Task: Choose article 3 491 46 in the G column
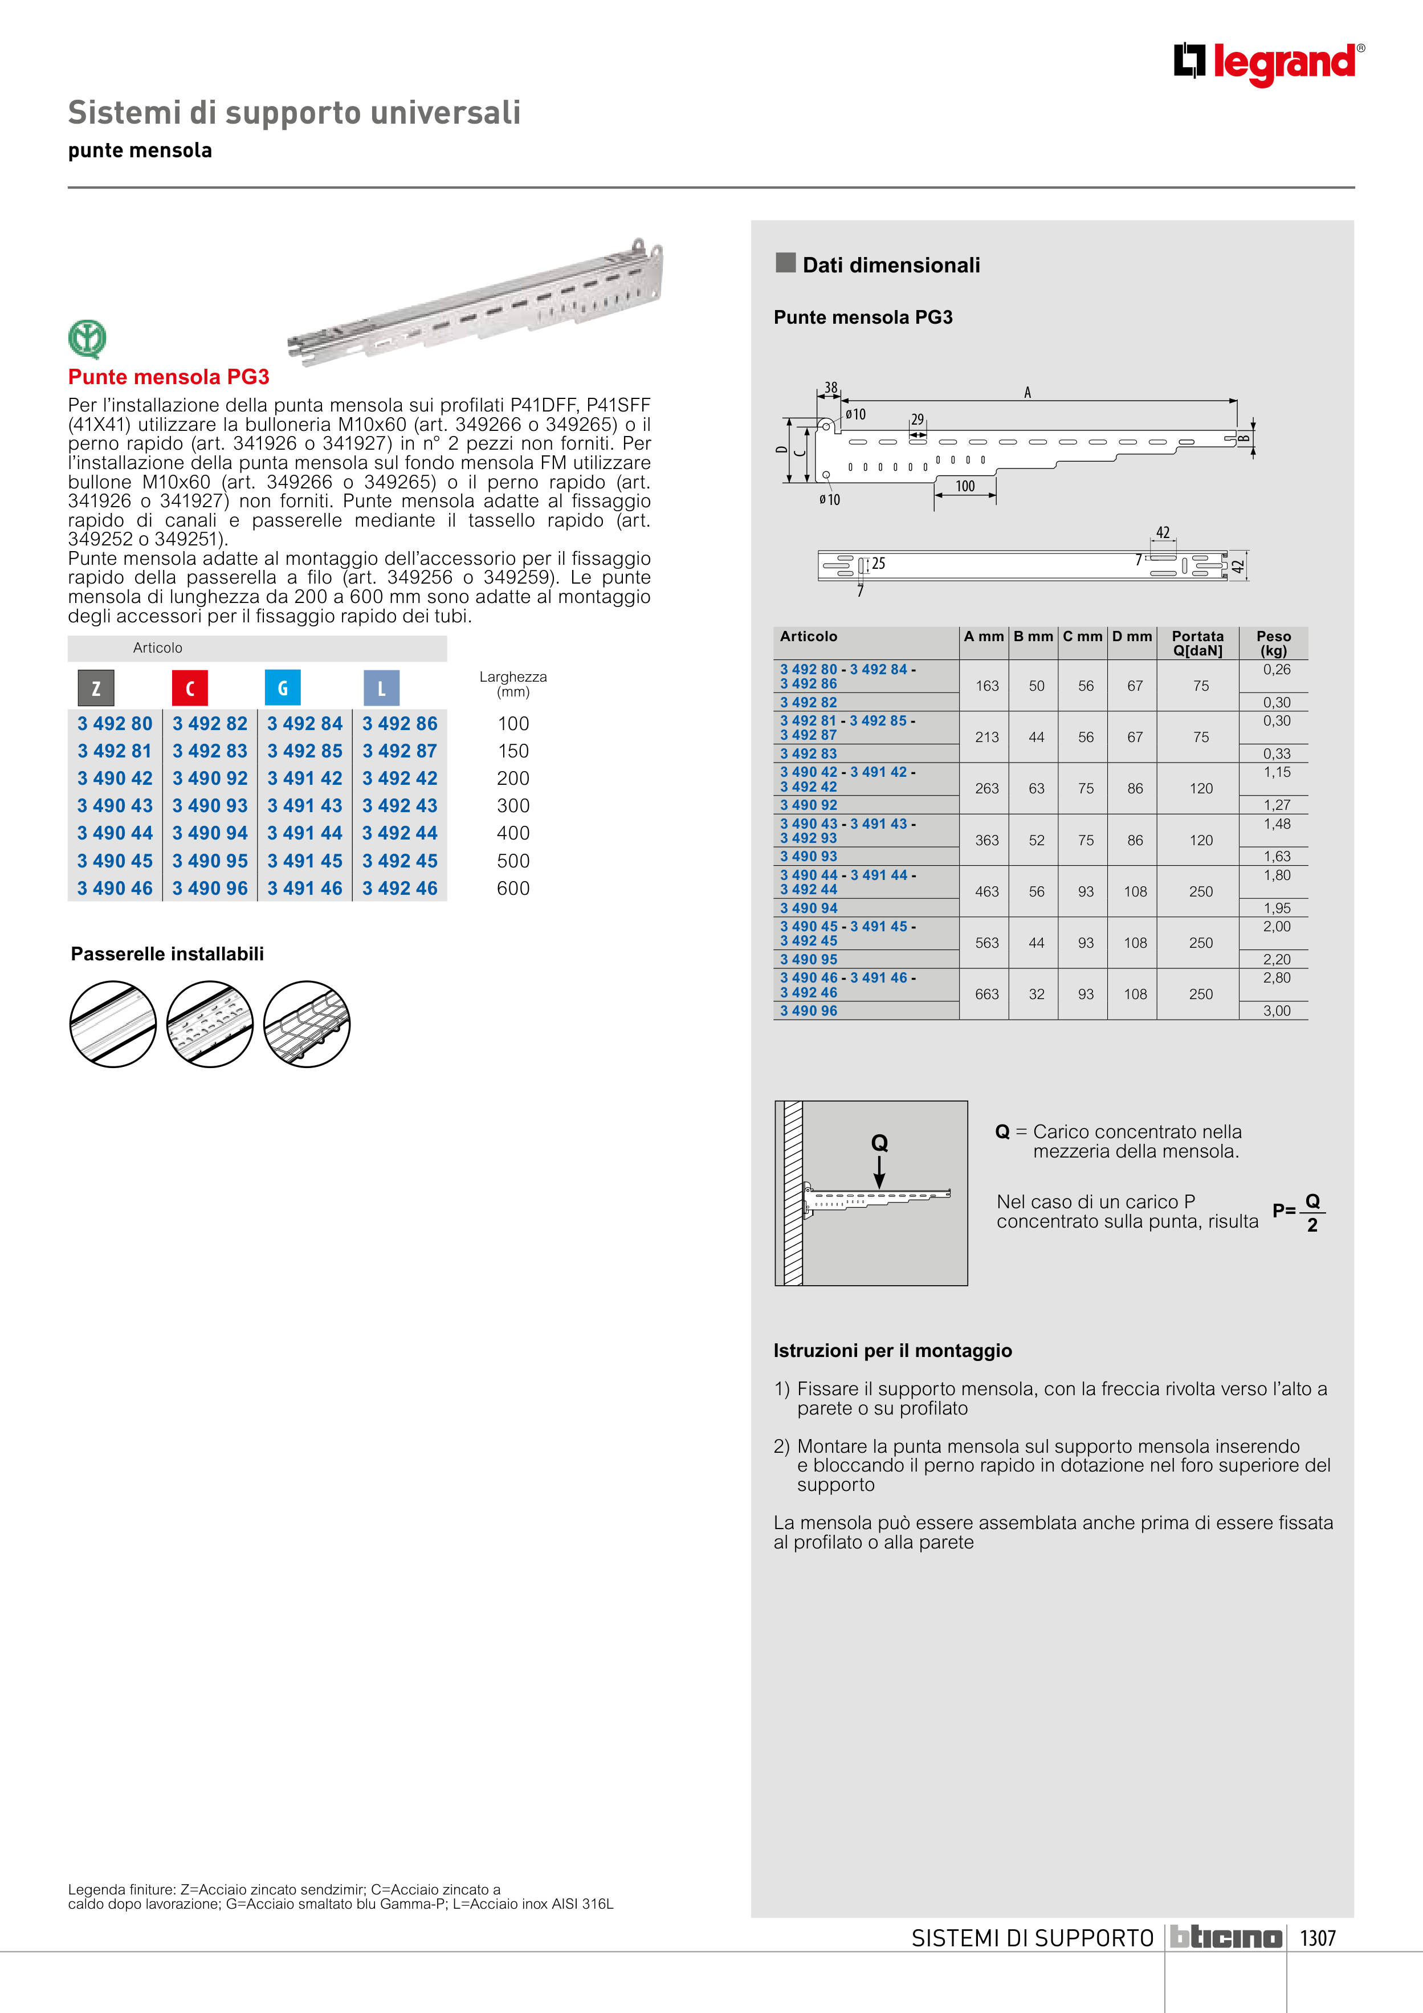click(x=305, y=888)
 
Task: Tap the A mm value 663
click(x=987, y=994)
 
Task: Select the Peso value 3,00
click(x=1277, y=1011)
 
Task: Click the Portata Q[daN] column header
click(x=1198, y=643)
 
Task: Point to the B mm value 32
click(x=1037, y=994)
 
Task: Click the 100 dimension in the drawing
click(x=965, y=486)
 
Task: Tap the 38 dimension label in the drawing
click(x=830, y=388)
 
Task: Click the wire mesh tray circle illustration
click(x=307, y=1024)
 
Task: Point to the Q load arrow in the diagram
click(x=879, y=1172)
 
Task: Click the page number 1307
click(x=1318, y=1938)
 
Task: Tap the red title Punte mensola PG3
click(x=168, y=377)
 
